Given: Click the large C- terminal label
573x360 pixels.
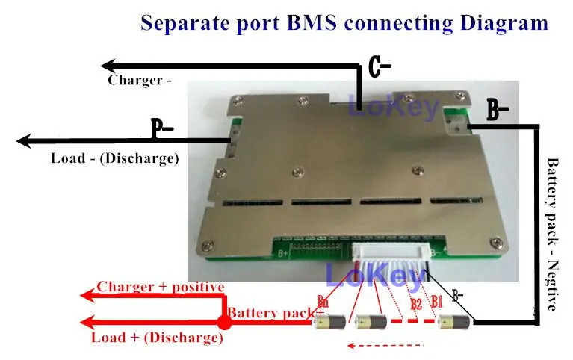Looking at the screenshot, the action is (x=380, y=69).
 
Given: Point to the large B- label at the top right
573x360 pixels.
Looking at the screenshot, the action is (x=498, y=112).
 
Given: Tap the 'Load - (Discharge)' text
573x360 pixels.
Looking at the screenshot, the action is (x=114, y=158).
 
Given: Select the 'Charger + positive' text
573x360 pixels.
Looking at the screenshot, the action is (x=161, y=287).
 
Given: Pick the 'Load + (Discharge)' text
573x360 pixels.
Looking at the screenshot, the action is (x=157, y=338).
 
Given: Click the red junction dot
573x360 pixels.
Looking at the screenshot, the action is (x=223, y=323).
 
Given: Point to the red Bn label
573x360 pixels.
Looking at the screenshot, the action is (x=323, y=302).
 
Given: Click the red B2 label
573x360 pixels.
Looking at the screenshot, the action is (x=416, y=304).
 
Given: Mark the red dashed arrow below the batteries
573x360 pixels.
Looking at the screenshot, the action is (x=385, y=346).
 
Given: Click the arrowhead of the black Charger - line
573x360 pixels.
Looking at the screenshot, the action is (x=108, y=66).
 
